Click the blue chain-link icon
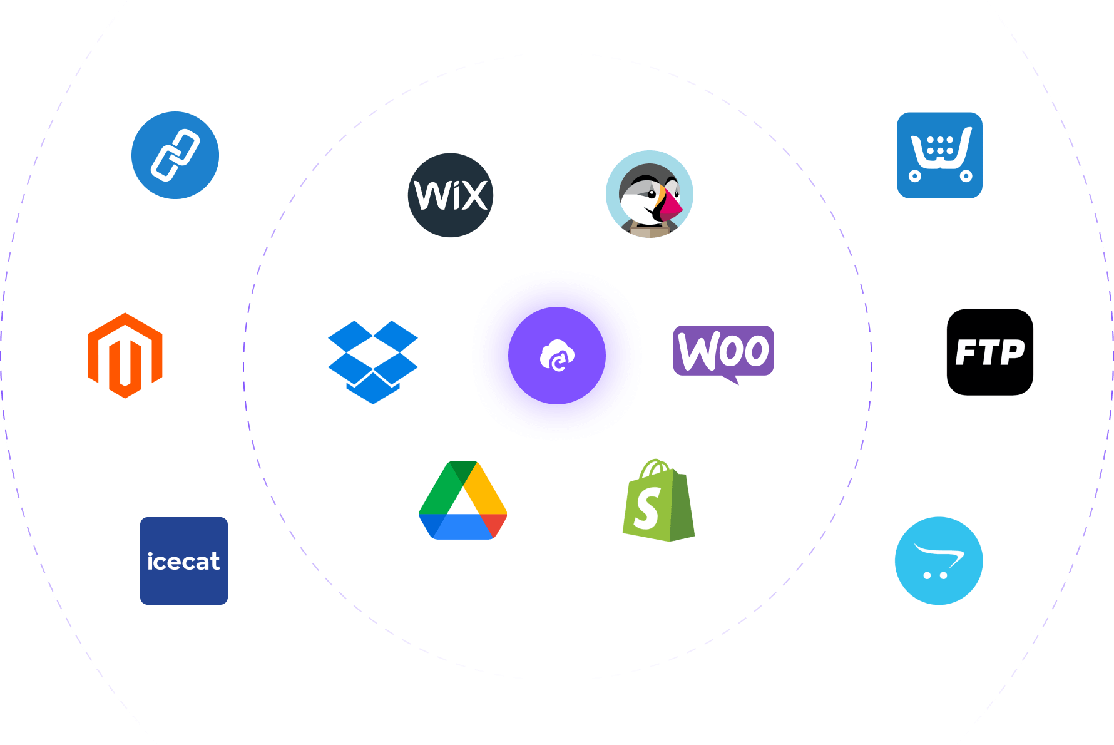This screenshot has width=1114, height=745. tap(175, 155)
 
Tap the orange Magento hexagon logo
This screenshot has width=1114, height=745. tap(125, 356)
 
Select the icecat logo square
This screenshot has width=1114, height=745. tap(184, 561)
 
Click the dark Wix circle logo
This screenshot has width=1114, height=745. tap(451, 195)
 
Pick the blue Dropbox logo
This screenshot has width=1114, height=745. tap(373, 362)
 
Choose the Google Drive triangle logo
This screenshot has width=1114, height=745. tap(463, 500)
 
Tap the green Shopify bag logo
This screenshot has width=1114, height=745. tap(659, 500)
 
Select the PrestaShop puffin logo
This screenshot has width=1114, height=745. tap(650, 194)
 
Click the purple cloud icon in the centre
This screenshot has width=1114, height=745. tap(557, 356)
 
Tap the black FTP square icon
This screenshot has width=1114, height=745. tap(990, 352)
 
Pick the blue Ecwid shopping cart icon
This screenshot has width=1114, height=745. tap(940, 155)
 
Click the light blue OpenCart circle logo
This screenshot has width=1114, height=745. tap(939, 561)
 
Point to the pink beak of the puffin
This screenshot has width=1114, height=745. tap(670, 204)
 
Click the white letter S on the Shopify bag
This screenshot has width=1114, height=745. tap(647, 508)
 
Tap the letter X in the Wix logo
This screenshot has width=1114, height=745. tap(473, 195)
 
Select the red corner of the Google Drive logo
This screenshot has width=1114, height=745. tap(495, 524)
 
